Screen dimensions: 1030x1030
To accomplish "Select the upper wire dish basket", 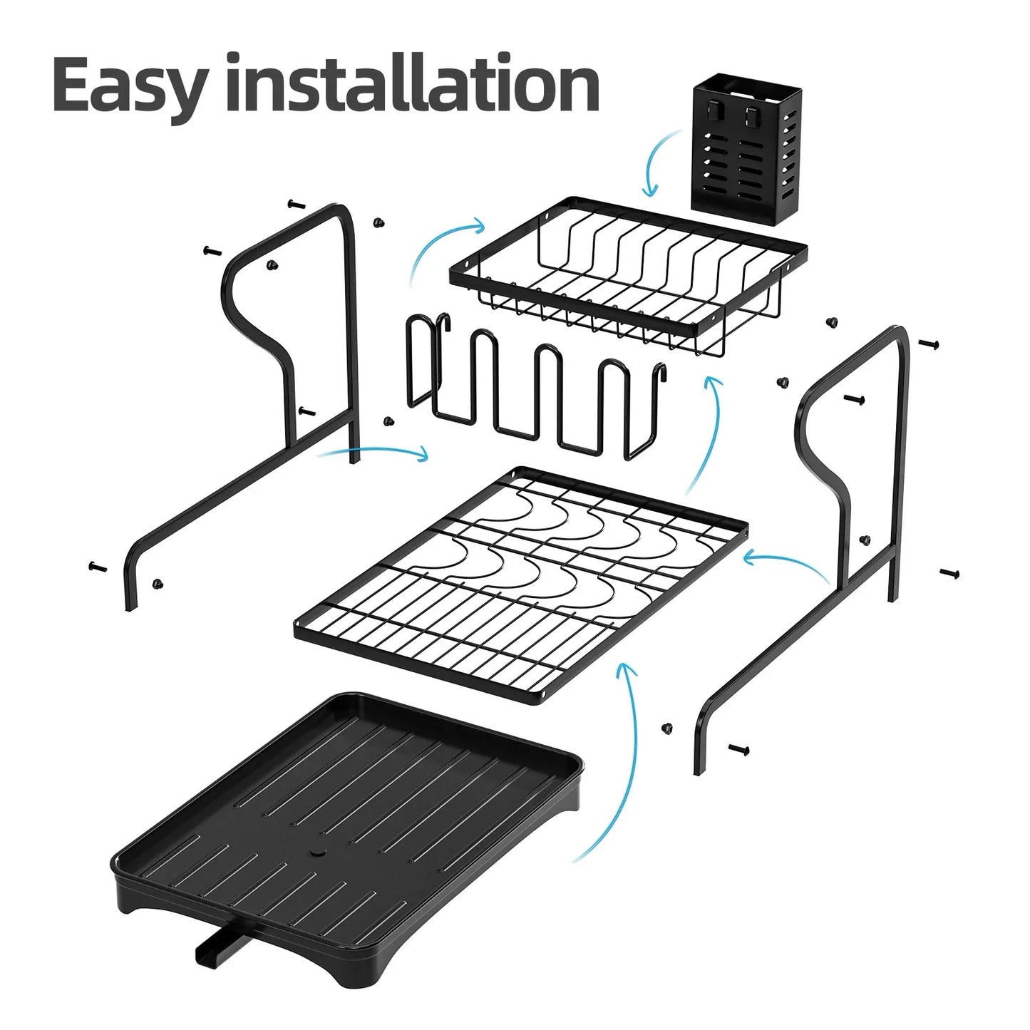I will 627,278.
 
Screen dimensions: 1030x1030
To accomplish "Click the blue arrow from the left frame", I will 371,450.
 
